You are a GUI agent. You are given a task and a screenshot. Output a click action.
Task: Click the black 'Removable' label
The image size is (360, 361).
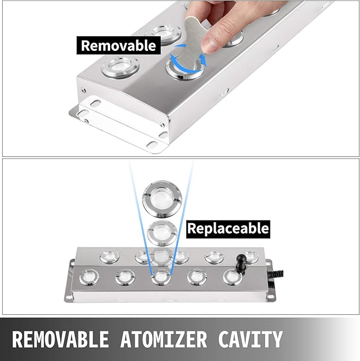click(118, 46)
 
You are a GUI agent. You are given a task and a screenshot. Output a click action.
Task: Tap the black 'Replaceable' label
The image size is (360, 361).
click(228, 229)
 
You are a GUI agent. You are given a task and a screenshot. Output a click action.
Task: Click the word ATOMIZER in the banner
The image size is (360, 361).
click(163, 339)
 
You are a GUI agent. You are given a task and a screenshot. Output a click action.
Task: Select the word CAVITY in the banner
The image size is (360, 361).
click(250, 339)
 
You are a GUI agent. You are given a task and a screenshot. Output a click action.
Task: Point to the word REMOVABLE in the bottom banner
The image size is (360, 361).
click(60, 339)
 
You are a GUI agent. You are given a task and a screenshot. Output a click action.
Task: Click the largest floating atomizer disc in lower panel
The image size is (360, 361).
click(162, 199)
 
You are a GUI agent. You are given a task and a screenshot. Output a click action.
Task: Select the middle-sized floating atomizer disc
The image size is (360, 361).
click(162, 233)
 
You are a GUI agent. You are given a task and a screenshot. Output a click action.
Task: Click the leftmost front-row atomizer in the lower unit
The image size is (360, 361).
click(89, 277)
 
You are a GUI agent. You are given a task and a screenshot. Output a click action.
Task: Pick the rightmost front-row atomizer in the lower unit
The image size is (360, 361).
click(233, 277)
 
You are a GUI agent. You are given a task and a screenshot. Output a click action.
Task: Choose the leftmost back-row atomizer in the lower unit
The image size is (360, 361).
click(109, 257)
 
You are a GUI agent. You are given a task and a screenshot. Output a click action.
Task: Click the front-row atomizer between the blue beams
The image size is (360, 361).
click(161, 277)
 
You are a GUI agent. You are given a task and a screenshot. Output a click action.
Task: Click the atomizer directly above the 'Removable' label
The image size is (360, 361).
click(163, 34)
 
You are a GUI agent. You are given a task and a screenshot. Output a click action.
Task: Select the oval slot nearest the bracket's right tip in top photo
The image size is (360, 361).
click(152, 145)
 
